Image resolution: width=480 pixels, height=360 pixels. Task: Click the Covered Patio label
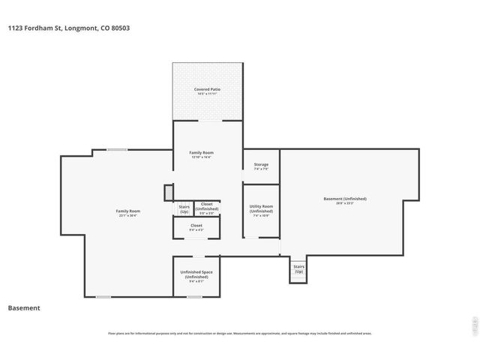tap(207, 89)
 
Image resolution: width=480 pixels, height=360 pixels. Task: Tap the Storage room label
tap(261, 164)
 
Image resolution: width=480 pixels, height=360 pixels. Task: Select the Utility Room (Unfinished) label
tap(261, 208)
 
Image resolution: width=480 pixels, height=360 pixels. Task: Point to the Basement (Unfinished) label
tap(345, 199)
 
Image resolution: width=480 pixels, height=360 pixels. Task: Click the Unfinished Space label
tap(196, 274)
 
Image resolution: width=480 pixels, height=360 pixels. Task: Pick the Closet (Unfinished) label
tap(206, 205)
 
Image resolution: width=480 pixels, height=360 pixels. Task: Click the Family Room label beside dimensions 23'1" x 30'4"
tap(128, 211)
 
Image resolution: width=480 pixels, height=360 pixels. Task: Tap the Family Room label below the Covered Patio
tap(201, 152)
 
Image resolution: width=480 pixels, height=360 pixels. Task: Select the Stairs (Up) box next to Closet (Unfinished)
tap(184, 208)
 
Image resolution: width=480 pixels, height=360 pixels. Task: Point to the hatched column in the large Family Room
tap(169, 193)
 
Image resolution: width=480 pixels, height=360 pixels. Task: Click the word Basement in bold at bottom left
tap(23, 307)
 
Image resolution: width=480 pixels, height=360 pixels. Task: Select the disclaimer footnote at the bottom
tap(240, 333)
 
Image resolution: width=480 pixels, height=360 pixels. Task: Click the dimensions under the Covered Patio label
tap(207, 94)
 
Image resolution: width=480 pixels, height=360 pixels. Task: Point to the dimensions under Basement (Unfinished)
tap(345, 203)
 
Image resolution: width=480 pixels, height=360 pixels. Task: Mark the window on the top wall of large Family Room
tap(116, 149)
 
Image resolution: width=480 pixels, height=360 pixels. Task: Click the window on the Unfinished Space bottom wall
tap(194, 296)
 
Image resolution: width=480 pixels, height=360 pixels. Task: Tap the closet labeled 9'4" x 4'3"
tap(196, 227)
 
